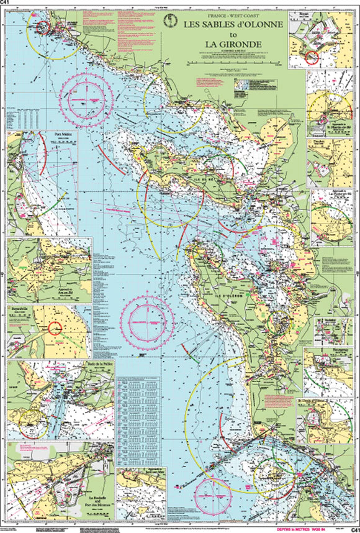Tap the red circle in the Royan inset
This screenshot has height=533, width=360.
pos(311,58)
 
